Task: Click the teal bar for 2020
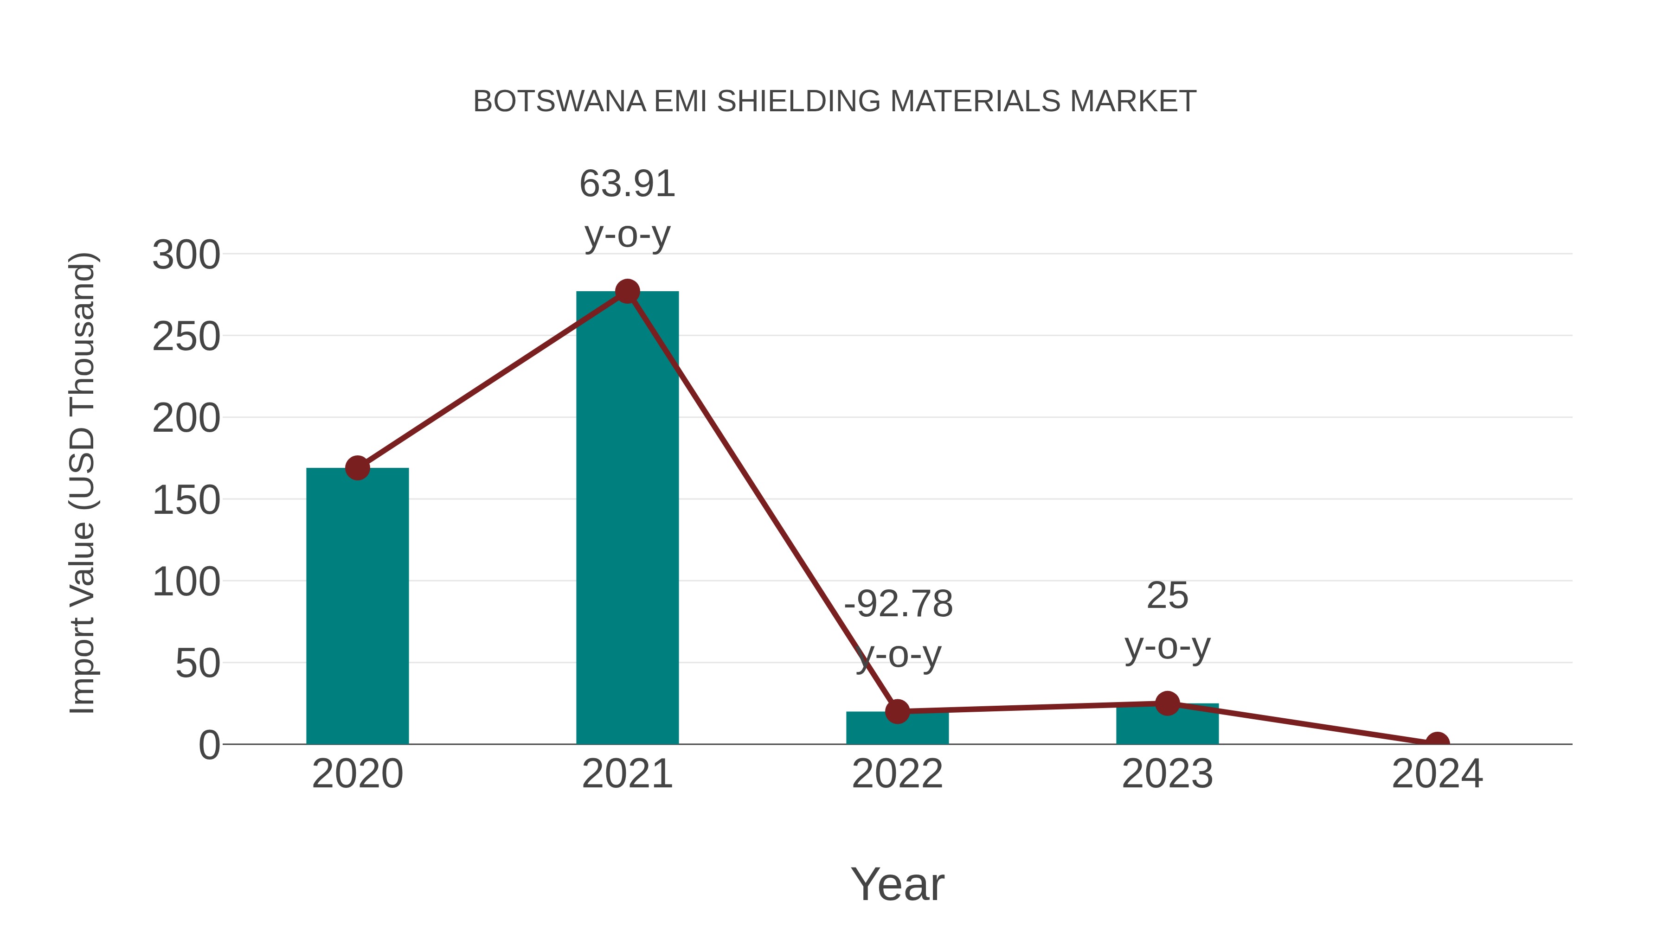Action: pyautogui.click(x=357, y=606)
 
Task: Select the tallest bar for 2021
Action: pyautogui.click(x=627, y=518)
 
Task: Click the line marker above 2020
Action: pyautogui.click(x=357, y=468)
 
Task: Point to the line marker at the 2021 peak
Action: pyautogui.click(x=627, y=292)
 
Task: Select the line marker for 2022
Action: pyautogui.click(x=897, y=711)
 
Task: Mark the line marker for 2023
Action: pyautogui.click(x=1167, y=703)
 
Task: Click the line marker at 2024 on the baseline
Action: pyautogui.click(x=1437, y=743)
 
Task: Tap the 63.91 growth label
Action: pyautogui.click(x=627, y=184)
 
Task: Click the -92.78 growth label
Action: pyautogui.click(x=898, y=604)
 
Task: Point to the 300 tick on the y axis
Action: pyautogui.click(x=186, y=255)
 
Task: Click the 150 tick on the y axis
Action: pyautogui.click(x=186, y=500)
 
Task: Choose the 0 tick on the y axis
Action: pyautogui.click(x=209, y=745)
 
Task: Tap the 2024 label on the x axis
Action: pyautogui.click(x=1437, y=774)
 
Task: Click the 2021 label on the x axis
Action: pyautogui.click(x=627, y=774)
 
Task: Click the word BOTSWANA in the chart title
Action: pyautogui.click(x=559, y=102)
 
